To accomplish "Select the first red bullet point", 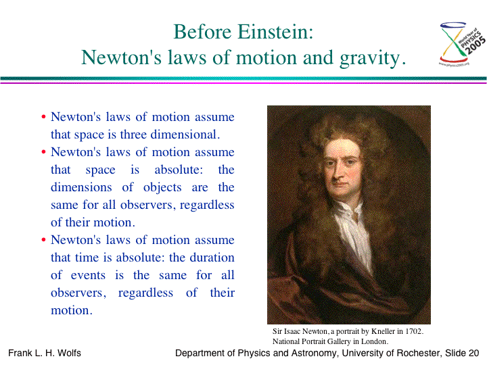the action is click(44, 117).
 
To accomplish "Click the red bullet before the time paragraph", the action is click(44, 240).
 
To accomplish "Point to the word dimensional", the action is click(185, 135).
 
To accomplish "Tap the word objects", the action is click(162, 187).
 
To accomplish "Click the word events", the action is click(88, 275).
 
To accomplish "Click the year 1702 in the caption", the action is click(415, 331).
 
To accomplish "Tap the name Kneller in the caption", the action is click(384, 331).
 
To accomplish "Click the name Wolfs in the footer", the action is click(69, 354).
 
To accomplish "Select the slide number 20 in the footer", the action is click(473, 354).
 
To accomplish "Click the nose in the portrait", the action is click(336, 173).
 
